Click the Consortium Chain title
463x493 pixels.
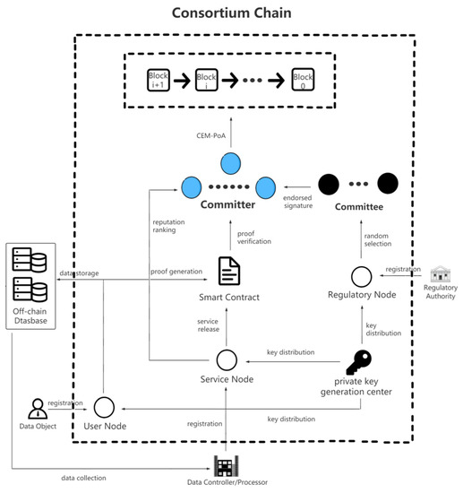coord(230,15)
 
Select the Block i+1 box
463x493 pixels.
coord(159,81)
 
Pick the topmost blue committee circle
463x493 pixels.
coord(230,164)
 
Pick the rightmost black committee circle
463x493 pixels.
coord(387,185)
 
